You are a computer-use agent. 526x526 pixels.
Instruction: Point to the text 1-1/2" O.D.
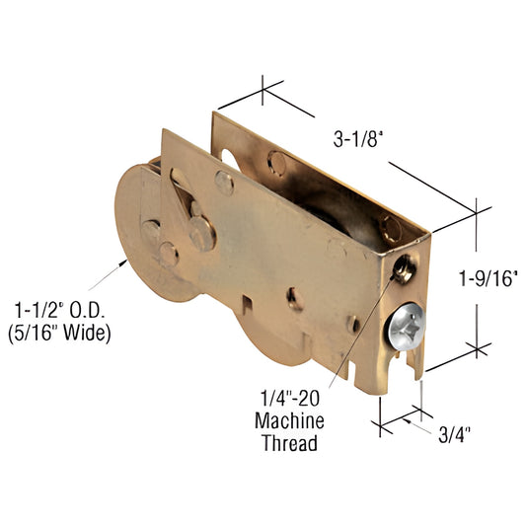click(58, 309)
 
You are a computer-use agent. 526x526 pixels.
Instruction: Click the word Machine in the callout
click(290, 421)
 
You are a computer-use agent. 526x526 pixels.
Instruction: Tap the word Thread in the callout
click(290, 443)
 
